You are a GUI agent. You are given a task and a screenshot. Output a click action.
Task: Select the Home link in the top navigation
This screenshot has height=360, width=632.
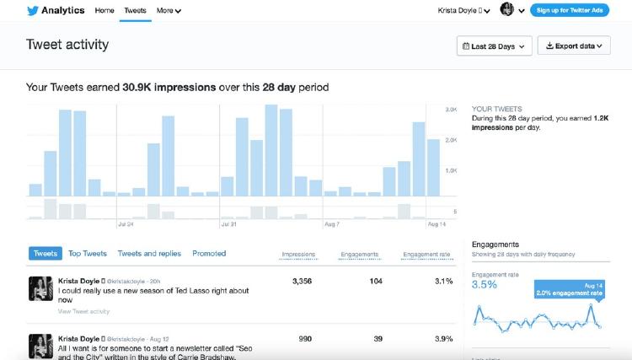[104, 11]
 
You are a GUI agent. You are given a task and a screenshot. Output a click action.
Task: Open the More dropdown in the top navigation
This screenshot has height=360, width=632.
[169, 11]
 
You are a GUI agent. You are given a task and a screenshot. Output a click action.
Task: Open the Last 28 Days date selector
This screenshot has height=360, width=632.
[495, 46]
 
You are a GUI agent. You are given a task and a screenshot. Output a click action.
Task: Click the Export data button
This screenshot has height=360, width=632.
[574, 46]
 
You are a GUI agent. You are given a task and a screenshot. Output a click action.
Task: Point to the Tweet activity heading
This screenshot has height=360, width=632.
[67, 45]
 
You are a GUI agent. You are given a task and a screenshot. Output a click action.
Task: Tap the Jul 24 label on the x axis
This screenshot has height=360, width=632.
[126, 224]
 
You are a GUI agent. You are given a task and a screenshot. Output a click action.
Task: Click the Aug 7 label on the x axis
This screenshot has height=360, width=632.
[331, 224]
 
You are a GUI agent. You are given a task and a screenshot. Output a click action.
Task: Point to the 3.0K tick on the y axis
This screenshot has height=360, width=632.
[451, 110]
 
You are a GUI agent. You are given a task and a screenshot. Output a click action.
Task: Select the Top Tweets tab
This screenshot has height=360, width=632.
[88, 253]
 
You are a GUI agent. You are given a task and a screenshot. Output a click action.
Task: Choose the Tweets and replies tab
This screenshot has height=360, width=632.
[149, 253]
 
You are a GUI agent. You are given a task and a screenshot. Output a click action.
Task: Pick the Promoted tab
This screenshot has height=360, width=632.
[209, 253]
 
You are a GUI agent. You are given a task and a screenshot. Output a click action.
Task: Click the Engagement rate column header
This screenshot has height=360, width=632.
[426, 254]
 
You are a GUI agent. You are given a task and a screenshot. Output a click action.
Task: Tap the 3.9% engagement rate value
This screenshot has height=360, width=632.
[442, 337]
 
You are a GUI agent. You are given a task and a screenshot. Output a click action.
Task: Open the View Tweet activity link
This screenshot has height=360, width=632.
[83, 311]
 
